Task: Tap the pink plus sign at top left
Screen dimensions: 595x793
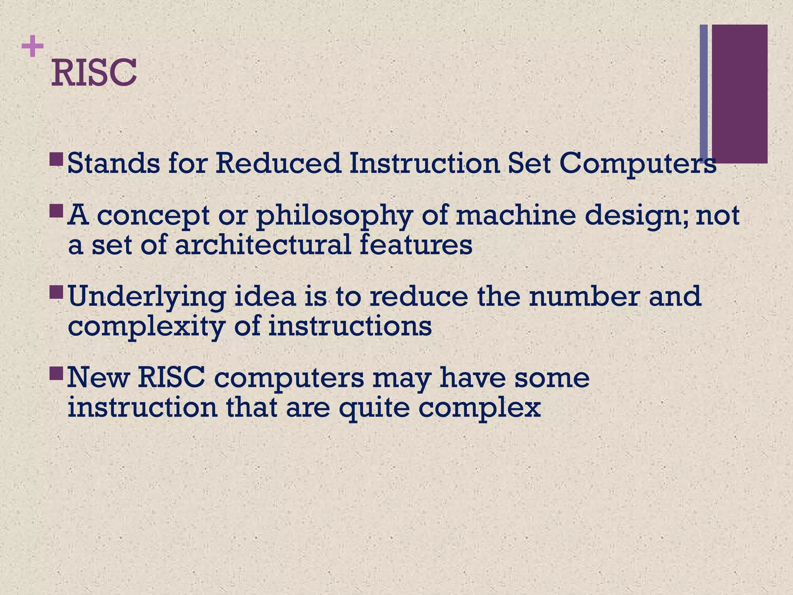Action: point(33,46)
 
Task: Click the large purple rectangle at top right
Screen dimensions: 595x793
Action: point(740,93)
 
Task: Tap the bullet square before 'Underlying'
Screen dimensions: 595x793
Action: point(57,292)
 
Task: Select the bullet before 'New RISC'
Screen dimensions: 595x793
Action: point(57,373)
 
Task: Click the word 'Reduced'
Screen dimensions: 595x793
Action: point(278,163)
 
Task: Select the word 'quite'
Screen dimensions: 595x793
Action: point(374,409)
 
